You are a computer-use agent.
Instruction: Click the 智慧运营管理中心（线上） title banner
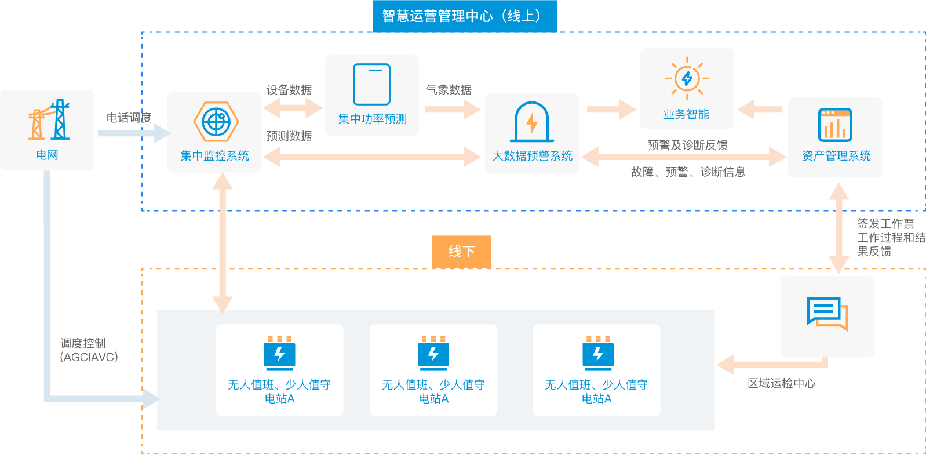coord(465,16)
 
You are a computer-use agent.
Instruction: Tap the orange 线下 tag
coord(462,252)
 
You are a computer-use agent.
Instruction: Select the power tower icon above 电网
coord(49,120)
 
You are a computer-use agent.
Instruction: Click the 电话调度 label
coord(129,118)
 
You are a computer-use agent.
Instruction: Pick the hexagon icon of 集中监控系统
coord(216,122)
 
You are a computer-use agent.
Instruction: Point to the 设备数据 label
coord(289,90)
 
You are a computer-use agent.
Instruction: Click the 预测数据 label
coord(289,136)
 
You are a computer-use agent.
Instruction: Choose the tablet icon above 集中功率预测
coord(371,85)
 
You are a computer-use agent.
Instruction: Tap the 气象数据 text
coord(449,90)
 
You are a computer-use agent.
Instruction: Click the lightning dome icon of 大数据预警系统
coord(531,122)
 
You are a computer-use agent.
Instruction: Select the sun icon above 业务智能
coord(687,79)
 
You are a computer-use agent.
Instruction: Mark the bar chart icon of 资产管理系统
coord(835,125)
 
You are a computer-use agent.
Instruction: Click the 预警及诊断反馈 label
coord(687,145)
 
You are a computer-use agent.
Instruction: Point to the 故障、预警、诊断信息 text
coord(688,172)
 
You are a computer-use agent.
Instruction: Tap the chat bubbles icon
coord(827,313)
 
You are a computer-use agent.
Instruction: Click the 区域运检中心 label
coord(781,383)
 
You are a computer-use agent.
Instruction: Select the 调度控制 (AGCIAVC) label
coord(89,350)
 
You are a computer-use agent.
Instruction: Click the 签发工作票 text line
coord(885,224)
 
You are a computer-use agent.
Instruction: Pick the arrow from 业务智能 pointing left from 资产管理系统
coord(760,109)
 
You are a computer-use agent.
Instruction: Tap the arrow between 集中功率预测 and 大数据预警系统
coord(452,109)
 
